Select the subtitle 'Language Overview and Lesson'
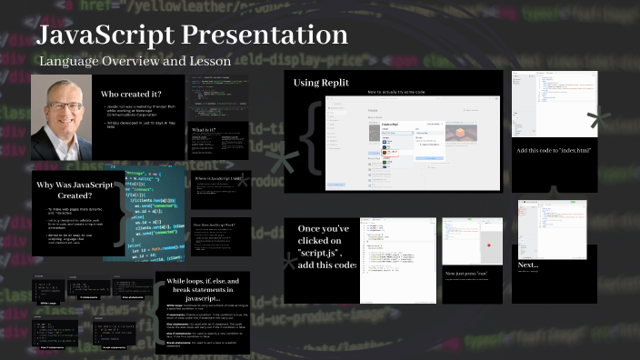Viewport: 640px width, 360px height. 135,61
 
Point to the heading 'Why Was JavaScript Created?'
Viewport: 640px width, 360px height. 75,191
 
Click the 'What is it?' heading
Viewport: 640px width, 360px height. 204,130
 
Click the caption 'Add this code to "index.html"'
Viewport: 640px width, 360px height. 554,150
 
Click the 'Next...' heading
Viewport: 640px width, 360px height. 528,265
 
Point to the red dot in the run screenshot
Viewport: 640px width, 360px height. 488,245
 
